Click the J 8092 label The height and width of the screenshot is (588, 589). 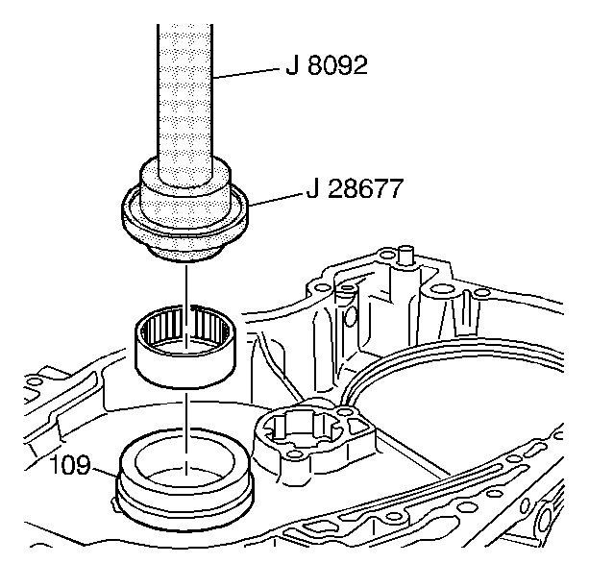click(x=327, y=67)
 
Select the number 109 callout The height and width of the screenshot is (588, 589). click(x=70, y=467)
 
